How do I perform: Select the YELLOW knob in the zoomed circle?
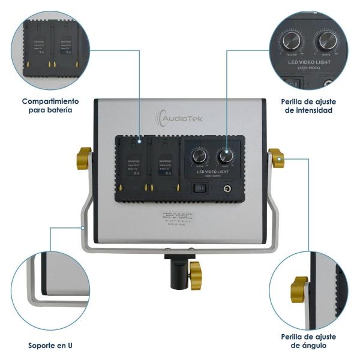(x=292, y=41)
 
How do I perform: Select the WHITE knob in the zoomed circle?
(x=328, y=41)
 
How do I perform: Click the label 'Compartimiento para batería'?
(x=50, y=106)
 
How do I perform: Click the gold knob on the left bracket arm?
(x=83, y=158)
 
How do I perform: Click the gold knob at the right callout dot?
(x=277, y=158)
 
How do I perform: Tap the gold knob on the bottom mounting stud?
(x=195, y=274)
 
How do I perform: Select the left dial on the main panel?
(x=200, y=157)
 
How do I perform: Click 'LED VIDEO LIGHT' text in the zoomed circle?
(x=310, y=62)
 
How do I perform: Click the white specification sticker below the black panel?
(x=179, y=218)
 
